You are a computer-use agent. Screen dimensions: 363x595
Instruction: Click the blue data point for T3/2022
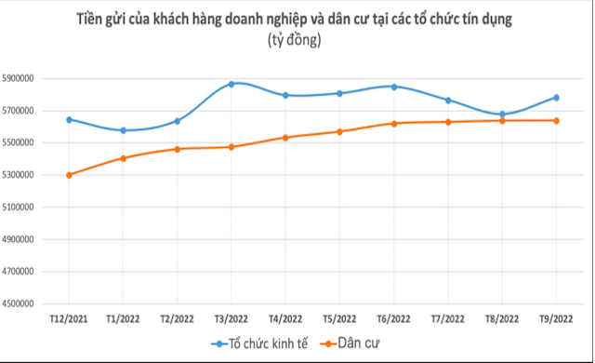pyautogui.click(x=231, y=84)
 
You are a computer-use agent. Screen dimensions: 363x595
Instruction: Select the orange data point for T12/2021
pyautogui.click(x=70, y=175)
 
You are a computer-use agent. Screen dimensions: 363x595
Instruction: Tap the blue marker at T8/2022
pyautogui.click(x=502, y=114)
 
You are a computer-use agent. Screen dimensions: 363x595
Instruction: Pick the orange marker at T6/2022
pyautogui.click(x=394, y=123)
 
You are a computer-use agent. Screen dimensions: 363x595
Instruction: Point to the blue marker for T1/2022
pyautogui.click(x=124, y=130)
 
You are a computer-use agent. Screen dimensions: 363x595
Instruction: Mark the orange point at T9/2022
pyautogui.click(x=556, y=120)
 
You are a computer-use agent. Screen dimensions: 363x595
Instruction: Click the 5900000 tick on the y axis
pyautogui.click(x=33, y=79)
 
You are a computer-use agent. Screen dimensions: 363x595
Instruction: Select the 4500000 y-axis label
pyautogui.click(x=33, y=303)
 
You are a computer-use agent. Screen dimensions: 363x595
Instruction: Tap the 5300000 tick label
pyautogui.click(x=33, y=175)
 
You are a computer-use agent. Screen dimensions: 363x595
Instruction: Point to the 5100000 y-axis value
pyautogui.click(x=33, y=208)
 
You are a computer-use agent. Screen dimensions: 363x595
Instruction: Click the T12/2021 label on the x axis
pyautogui.click(x=69, y=318)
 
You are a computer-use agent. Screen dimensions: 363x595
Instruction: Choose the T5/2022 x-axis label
pyautogui.click(x=339, y=318)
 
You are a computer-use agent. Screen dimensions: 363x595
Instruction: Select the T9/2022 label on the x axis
pyautogui.click(x=556, y=318)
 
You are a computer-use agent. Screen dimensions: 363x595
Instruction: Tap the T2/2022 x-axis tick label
pyautogui.click(x=177, y=318)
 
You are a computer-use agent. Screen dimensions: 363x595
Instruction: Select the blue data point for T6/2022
pyautogui.click(x=394, y=87)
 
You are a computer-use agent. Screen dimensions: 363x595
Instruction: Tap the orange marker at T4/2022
pyautogui.click(x=285, y=138)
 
